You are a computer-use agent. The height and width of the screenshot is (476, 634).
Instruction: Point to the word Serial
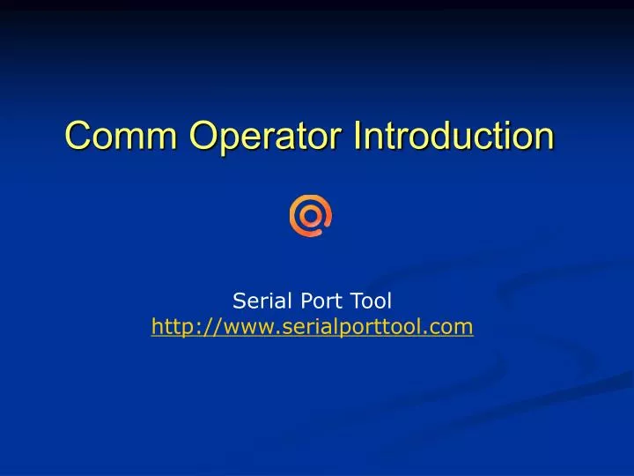(x=259, y=301)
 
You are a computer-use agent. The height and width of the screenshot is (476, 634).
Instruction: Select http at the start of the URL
(x=172, y=328)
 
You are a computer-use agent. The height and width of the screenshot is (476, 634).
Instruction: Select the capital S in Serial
(x=239, y=301)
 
